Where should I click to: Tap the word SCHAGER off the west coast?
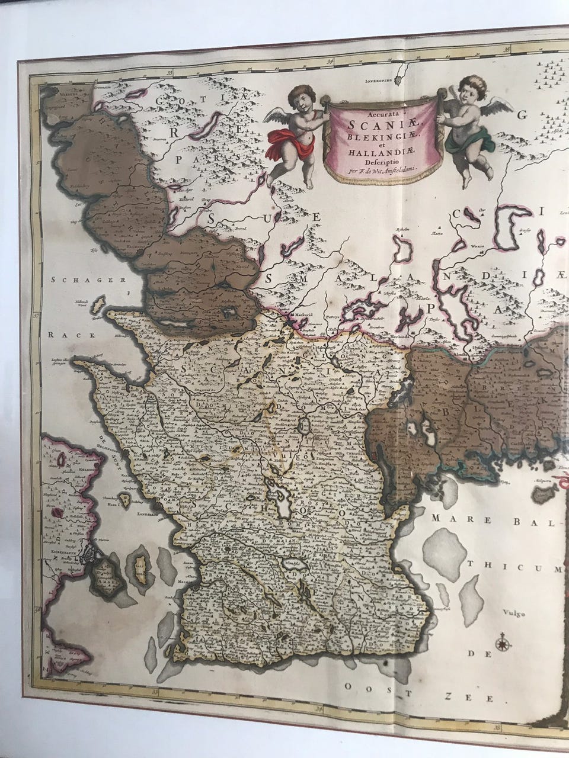[75, 281]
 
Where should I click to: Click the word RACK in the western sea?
[61, 335]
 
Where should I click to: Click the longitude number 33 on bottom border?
[155, 690]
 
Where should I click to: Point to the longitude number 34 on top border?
[330, 60]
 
